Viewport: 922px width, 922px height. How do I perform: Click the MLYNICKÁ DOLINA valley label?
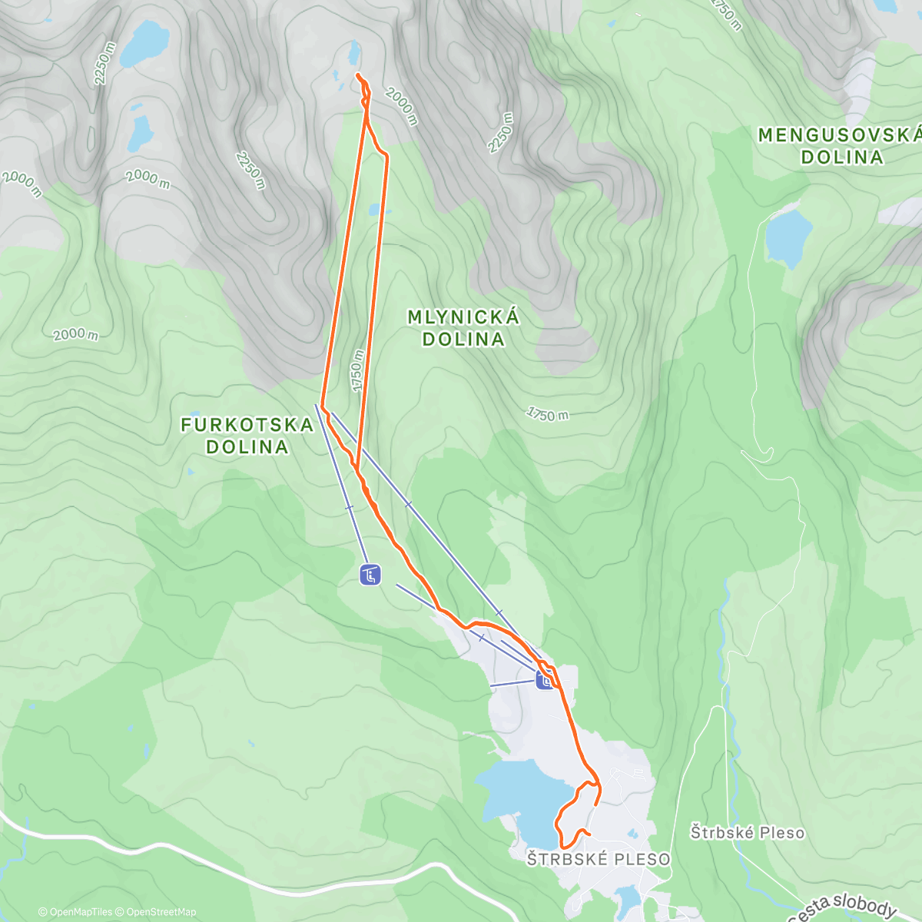tap(463, 328)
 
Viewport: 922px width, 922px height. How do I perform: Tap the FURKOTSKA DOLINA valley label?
tap(247, 436)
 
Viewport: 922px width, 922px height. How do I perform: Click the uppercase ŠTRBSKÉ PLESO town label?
tap(598, 859)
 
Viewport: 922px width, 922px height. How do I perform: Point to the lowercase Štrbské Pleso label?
tap(747, 832)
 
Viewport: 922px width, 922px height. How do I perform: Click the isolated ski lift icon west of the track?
tap(370, 574)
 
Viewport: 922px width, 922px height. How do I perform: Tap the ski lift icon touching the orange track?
tap(545, 681)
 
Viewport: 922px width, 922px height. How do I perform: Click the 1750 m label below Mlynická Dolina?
tap(548, 414)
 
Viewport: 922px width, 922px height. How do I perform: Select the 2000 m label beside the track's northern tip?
tap(401, 107)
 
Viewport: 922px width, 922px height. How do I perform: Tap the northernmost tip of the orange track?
tap(358, 75)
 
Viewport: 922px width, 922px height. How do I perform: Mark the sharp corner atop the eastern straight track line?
tap(386, 156)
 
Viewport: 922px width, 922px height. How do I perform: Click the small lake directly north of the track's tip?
tap(353, 52)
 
